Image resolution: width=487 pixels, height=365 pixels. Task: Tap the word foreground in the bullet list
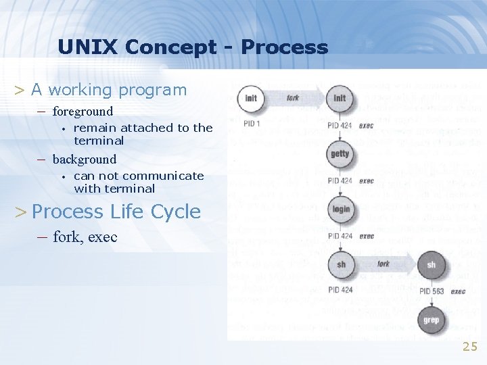coord(83,111)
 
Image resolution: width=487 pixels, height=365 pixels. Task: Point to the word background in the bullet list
coord(85,160)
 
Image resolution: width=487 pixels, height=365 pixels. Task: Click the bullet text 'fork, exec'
coord(85,237)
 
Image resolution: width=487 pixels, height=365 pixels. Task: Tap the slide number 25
coord(469,347)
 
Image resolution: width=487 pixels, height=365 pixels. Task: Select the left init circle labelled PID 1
coord(252,99)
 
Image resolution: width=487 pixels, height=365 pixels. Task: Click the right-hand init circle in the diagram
coord(340,99)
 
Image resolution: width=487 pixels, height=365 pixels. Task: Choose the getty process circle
coord(340,154)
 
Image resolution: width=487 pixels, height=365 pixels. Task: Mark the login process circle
coord(341,210)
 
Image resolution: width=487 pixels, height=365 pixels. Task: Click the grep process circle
coord(431,320)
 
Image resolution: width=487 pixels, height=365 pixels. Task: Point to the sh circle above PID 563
coord(431,265)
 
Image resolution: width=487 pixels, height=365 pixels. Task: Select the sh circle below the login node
coord(341,265)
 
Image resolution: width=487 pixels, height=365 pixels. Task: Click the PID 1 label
coord(252,124)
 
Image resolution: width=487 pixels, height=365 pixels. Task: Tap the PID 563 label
coord(432,291)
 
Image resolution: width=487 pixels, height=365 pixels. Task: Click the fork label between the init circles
coord(293,98)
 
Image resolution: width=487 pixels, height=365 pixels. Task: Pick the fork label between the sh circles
coord(384,264)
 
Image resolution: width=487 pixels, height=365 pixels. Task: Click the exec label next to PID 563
coord(458,291)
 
